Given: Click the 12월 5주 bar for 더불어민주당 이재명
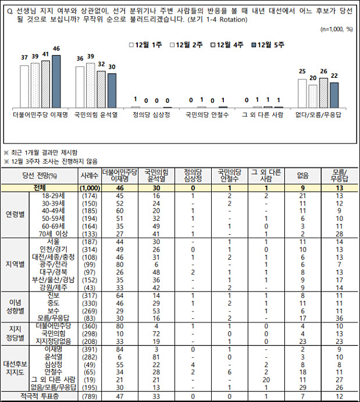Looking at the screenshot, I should [x=56, y=81].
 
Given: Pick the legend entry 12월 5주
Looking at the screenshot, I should [x=270, y=44].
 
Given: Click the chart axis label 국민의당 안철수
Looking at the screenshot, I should [x=207, y=115].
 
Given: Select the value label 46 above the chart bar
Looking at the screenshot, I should [x=56, y=48].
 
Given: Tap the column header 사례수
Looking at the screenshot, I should [x=84, y=175].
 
